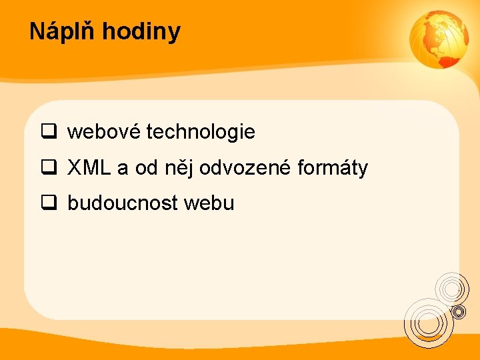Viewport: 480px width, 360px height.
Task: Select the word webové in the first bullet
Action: tap(103, 132)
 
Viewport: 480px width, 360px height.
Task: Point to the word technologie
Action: tap(200, 132)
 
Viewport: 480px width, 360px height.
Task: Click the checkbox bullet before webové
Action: tap(49, 132)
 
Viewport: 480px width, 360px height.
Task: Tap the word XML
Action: tap(89, 168)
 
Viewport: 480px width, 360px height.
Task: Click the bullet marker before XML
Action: tap(49, 168)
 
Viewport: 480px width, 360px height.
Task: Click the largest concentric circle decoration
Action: tap(428, 322)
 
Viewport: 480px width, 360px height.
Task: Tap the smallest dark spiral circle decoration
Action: tap(459, 311)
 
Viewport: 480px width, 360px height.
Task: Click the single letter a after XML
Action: tap(122, 168)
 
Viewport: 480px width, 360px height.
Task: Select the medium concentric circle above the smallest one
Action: tap(452, 288)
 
